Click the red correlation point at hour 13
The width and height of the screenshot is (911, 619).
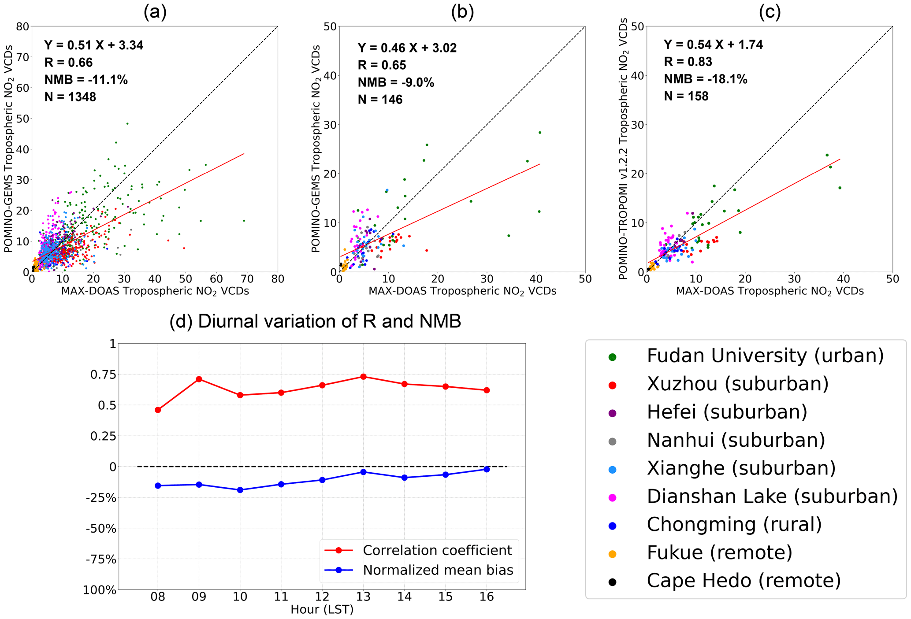point(363,377)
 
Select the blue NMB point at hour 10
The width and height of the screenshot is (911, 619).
point(240,490)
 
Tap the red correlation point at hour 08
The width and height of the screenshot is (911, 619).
point(158,410)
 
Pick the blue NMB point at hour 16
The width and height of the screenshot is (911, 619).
point(487,469)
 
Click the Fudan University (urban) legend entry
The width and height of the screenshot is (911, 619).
point(765,356)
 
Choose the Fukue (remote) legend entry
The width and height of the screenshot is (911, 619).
point(719,552)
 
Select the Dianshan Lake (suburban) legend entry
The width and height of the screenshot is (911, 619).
point(772,497)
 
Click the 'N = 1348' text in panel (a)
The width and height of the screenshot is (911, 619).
point(70,97)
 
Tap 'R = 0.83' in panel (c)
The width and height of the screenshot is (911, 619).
point(688,62)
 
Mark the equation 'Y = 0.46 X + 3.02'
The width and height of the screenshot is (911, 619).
point(407,48)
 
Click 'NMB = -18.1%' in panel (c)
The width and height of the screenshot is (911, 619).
point(705,79)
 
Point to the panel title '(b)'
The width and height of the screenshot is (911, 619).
point(462,13)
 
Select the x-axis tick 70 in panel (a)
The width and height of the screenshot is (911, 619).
point(247,279)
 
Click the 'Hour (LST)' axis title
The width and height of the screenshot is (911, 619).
point(322,610)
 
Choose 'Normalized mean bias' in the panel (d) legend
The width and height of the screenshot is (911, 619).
point(438,570)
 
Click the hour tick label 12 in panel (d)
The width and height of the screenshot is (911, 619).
point(322,597)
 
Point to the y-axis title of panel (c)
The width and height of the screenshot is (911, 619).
point(623,148)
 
